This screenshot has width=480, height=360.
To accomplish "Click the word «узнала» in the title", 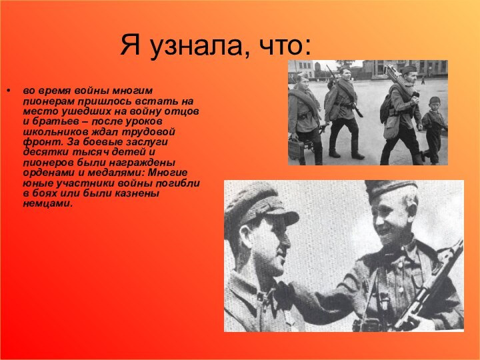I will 193,46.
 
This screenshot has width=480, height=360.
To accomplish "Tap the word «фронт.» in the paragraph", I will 39,143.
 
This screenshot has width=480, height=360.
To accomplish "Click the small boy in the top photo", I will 434,127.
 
